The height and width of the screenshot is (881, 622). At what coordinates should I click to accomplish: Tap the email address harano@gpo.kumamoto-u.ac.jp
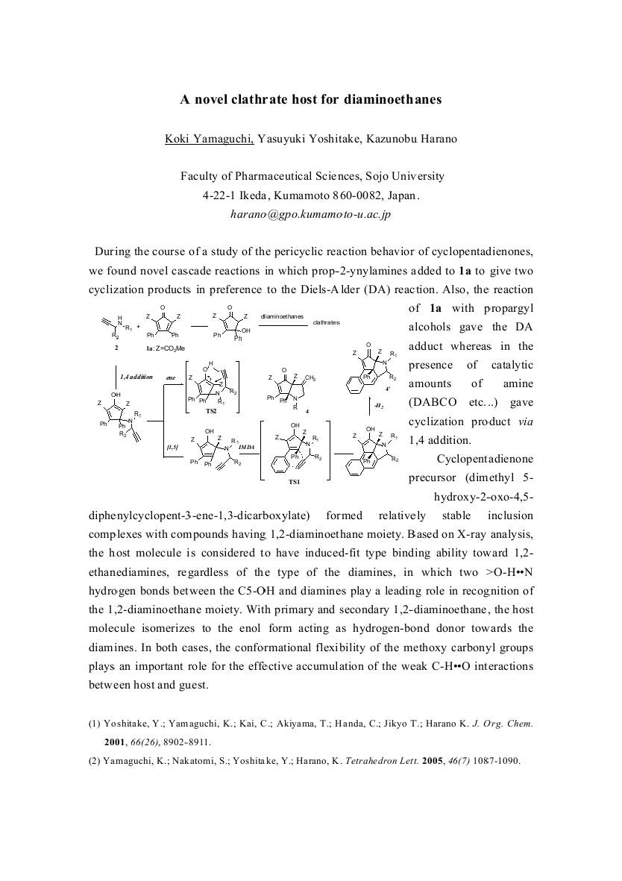310,214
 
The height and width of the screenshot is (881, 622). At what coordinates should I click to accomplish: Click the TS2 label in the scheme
212,411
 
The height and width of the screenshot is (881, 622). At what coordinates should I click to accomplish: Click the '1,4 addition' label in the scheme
136,377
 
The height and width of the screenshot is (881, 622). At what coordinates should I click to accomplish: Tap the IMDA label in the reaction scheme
247,447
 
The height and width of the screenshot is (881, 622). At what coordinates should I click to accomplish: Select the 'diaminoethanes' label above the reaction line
282,316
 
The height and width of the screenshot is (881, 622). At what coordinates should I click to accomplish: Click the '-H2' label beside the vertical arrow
379,406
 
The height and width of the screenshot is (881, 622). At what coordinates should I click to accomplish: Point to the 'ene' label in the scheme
172,378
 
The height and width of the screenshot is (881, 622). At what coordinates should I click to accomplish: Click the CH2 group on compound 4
311,378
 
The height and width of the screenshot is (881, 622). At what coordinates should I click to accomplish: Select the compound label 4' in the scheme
388,389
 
